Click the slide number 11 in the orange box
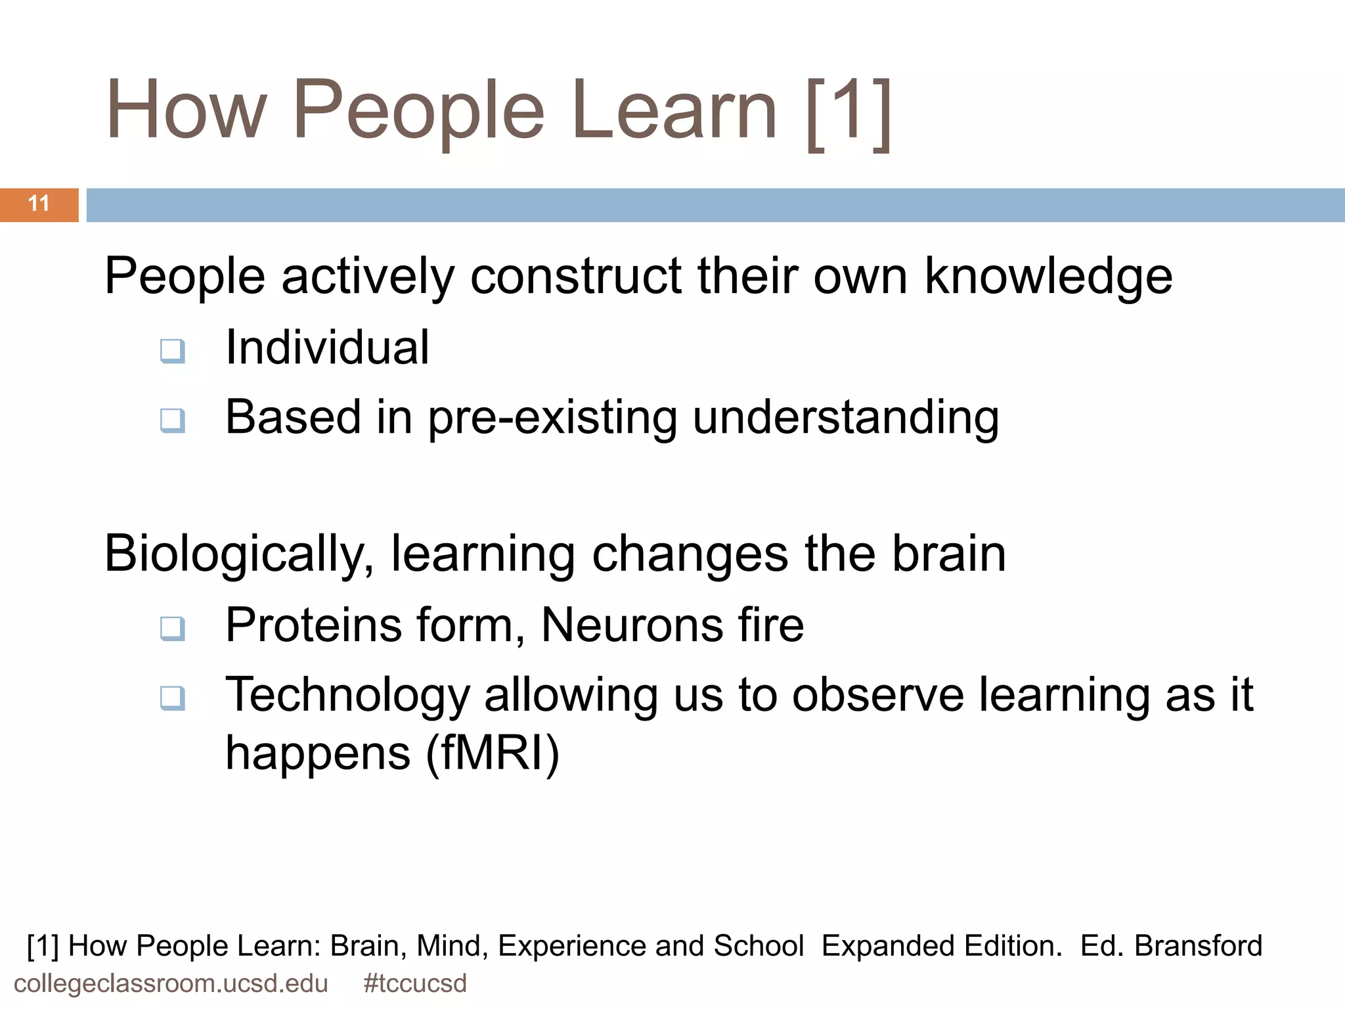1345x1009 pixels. click(39, 204)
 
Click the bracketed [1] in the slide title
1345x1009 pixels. click(849, 112)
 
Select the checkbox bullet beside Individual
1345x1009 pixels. click(172, 351)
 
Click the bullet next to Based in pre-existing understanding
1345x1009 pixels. click(172, 420)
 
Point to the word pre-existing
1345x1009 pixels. click(552, 418)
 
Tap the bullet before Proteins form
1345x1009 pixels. click(172, 629)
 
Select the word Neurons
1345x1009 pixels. click(631, 625)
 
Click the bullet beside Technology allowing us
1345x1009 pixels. click(172, 698)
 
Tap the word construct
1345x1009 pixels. click(576, 276)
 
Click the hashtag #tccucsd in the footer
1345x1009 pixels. click(414, 984)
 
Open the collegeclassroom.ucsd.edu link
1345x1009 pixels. click(171, 984)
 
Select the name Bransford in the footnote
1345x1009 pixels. click(1198, 946)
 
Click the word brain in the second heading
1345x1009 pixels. click(948, 554)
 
